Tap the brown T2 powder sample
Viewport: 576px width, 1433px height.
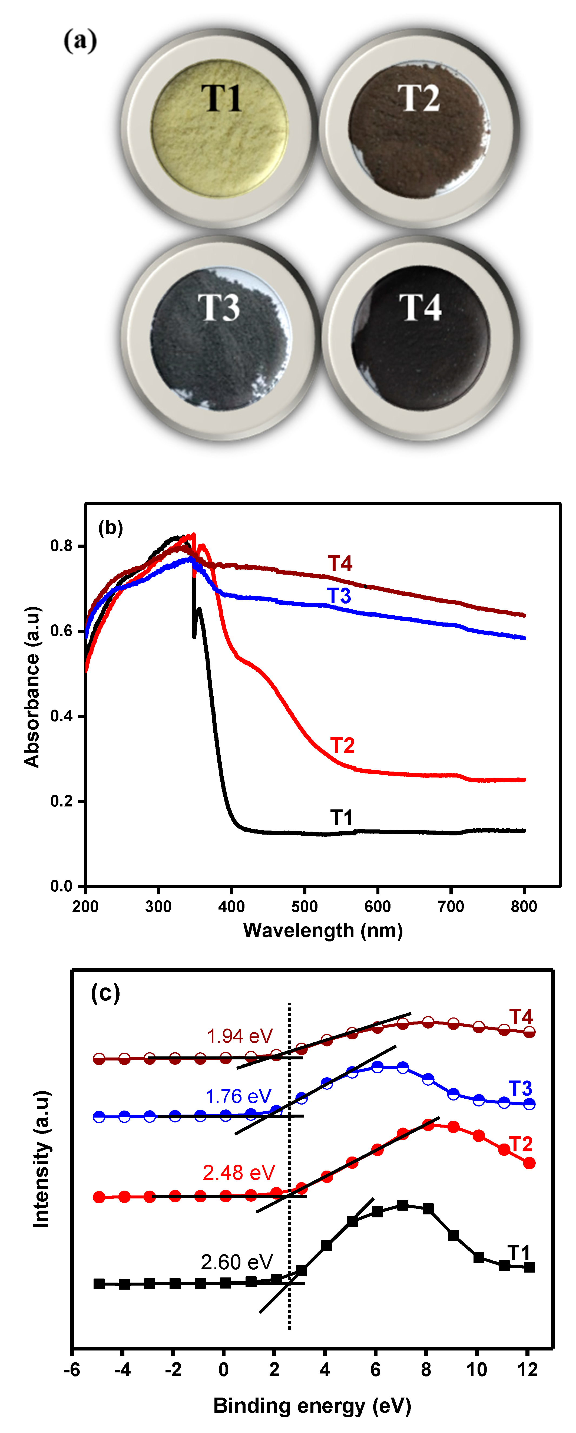point(418,131)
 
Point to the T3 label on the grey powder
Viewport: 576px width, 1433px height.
point(219,308)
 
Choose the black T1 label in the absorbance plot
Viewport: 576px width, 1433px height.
point(342,818)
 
